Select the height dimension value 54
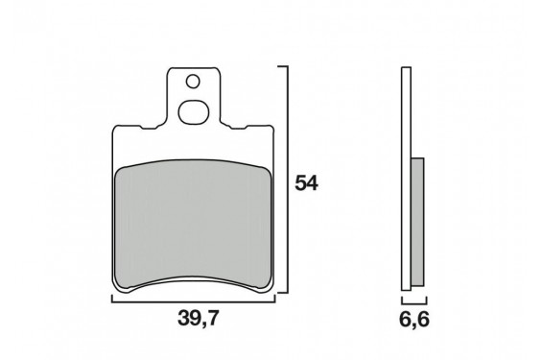click(x=306, y=183)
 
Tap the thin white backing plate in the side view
click(x=406, y=173)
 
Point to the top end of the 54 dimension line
click(x=284, y=67)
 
